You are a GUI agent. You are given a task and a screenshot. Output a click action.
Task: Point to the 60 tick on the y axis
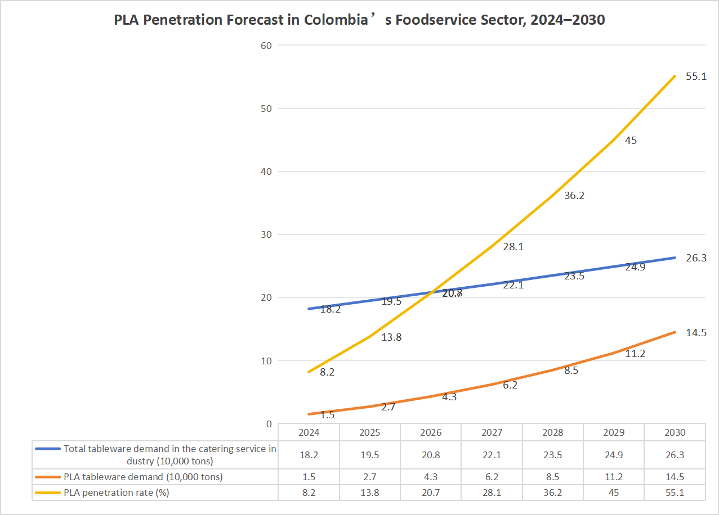(266, 46)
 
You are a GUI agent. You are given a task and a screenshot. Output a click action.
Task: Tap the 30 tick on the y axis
(266, 234)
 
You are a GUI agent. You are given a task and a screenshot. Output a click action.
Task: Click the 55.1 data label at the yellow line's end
(696, 76)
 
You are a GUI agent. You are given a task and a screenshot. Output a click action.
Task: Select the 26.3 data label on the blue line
(696, 258)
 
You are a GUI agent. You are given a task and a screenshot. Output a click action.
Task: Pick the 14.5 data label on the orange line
(696, 333)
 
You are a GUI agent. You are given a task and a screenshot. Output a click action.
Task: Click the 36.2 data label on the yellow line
(574, 196)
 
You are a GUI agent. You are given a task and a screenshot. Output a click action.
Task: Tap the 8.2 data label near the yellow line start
(327, 372)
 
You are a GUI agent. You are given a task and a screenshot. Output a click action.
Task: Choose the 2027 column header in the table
(492, 432)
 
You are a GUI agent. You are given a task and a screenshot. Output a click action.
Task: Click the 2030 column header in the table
(675, 432)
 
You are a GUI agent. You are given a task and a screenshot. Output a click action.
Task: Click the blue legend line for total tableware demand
(48, 449)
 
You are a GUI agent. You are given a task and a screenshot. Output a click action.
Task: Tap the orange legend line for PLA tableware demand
(48, 477)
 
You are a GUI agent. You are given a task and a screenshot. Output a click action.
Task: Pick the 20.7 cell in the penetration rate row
(431, 493)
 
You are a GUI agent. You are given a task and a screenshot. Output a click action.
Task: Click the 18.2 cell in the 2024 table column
(309, 455)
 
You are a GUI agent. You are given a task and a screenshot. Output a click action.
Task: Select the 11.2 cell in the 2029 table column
(614, 477)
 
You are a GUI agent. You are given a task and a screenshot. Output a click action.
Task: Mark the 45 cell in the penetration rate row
(614, 493)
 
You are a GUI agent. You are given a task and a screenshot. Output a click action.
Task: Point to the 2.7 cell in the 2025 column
(370, 477)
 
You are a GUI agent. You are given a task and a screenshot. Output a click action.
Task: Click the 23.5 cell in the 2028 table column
(553, 455)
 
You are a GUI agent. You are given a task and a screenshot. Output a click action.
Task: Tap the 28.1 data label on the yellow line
(513, 246)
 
